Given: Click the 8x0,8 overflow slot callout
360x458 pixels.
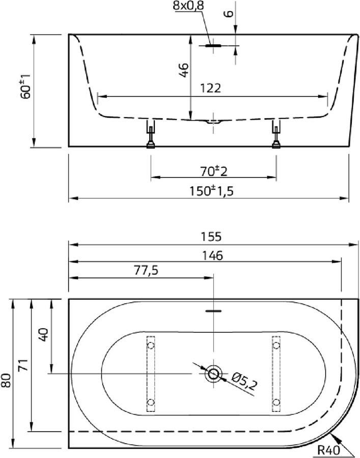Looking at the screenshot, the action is click(188, 6).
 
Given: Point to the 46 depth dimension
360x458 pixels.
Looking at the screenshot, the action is click(183, 70).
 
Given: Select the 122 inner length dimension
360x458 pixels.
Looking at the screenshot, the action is click(211, 88).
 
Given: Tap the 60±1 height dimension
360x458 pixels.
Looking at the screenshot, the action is click(25, 86).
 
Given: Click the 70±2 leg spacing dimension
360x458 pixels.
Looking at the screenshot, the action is click(214, 171).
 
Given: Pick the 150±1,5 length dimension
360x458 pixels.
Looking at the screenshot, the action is click(211, 191).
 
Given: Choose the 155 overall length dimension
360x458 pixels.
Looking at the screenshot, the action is click(211, 237).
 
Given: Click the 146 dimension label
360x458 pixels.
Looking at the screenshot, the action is click(212, 255).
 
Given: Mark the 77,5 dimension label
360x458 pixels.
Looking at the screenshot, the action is click(146, 270).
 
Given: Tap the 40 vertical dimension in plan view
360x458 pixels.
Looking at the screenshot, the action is click(43, 334).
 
